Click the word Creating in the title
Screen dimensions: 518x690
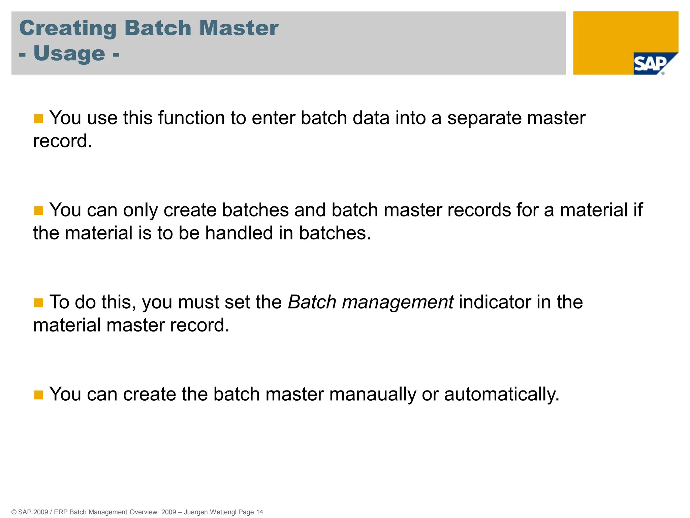(68, 28)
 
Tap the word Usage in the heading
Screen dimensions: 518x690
(69, 54)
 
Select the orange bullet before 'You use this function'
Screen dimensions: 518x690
(39, 119)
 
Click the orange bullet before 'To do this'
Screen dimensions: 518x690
(39, 303)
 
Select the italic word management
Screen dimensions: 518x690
(398, 302)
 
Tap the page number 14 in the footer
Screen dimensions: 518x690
(259, 512)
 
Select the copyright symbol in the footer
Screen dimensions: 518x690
(14, 512)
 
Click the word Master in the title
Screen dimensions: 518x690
(239, 28)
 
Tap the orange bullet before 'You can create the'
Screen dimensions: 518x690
(39, 395)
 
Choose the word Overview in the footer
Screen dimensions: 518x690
(143, 512)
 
